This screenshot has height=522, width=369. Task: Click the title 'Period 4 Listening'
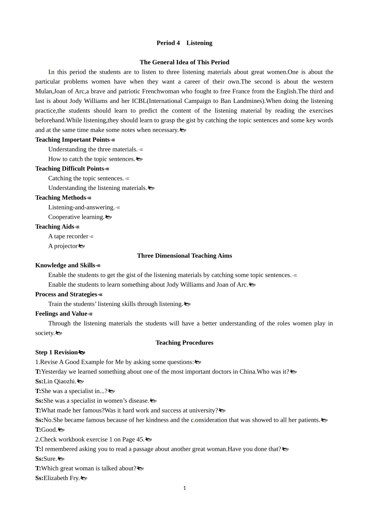[184, 43]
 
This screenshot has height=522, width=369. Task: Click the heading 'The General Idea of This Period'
[184, 62]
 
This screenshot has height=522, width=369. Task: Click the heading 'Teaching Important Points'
[73, 140]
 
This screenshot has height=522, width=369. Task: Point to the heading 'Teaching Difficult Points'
[70, 169]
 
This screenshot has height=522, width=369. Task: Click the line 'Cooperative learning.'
[77, 217]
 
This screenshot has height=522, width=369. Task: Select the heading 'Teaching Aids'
[55, 227]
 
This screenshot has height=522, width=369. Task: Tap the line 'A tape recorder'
[68, 237]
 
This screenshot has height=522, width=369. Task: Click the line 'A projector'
[63, 246]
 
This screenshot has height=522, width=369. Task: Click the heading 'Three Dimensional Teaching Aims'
[184, 256]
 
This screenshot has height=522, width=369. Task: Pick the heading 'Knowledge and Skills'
[65, 265]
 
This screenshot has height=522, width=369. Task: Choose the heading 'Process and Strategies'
[66, 294]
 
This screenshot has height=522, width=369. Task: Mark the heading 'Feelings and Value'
[61, 314]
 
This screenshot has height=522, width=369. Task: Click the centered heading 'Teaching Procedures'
[184, 343]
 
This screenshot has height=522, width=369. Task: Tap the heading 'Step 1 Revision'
[57, 352]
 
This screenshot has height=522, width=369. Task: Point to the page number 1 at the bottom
[184, 488]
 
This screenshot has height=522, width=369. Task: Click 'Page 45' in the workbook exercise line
[133, 440]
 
